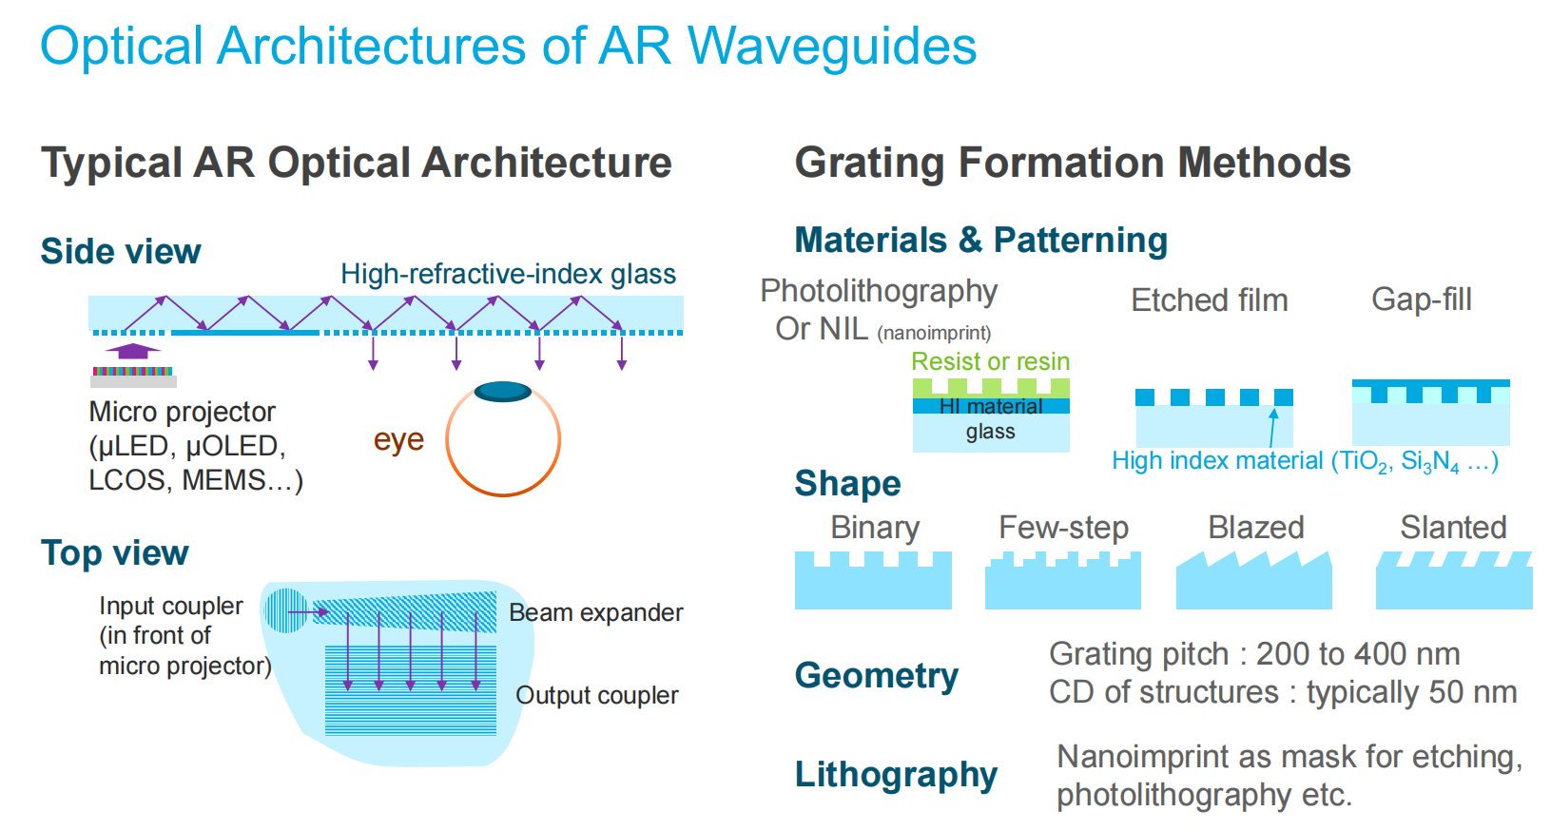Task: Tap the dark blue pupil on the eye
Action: pos(502,391)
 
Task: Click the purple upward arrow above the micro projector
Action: pos(132,351)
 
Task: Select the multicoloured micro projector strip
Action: pos(132,371)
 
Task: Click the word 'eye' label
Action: pos(398,439)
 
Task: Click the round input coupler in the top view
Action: pos(284,610)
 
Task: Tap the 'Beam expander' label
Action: pos(595,612)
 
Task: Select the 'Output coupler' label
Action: pos(596,695)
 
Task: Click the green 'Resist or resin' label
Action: pos(990,361)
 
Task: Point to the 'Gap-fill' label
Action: pos(1421,300)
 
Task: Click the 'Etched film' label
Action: pos(1209,300)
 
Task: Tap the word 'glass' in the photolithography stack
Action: pos(990,432)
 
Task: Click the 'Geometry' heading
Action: pos(876,675)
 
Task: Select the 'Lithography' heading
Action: pos(896,774)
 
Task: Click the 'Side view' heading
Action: pos(121,251)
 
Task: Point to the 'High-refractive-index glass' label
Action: pos(508,274)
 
